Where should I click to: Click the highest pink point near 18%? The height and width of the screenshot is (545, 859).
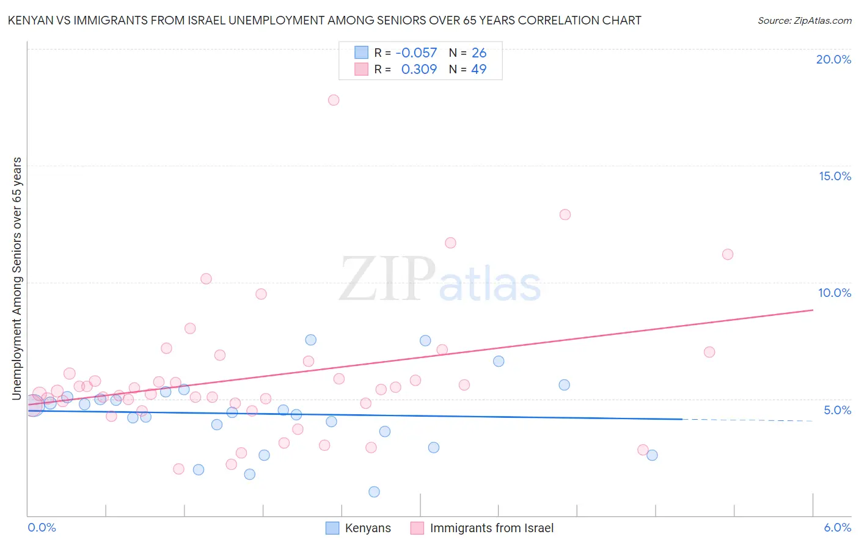[x=334, y=100]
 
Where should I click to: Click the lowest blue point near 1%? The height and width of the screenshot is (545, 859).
[x=374, y=492]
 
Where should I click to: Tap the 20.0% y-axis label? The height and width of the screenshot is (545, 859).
[x=833, y=59]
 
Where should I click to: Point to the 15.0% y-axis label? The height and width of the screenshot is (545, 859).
[x=835, y=176]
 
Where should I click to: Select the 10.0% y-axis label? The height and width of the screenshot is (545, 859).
[x=835, y=293]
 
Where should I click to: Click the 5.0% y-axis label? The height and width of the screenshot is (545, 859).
[x=837, y=410]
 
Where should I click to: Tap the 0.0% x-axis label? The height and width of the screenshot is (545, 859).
[x=42, y=528]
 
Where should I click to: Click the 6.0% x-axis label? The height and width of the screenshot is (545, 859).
[x=837, y=528]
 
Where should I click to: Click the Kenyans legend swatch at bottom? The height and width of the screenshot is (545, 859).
[x=332, y=528]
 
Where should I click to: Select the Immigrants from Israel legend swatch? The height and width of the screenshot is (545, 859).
[x=417, y=528]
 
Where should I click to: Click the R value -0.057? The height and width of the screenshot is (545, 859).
[x=416, y=53]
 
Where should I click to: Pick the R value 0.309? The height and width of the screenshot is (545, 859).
[x=419, y=70]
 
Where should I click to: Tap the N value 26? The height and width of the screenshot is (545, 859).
[x=479, y=53]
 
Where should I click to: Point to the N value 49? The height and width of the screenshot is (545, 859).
[x=479, y=70]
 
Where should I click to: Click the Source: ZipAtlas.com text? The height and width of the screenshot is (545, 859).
[x=804, y=21]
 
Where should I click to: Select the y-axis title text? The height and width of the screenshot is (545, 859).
[x=17, y=279]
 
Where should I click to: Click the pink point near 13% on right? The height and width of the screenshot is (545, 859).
[x=565, y=214]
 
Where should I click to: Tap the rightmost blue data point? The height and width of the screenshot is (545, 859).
[x=652, y=455]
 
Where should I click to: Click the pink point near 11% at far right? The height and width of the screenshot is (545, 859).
[x=728, y=254]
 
